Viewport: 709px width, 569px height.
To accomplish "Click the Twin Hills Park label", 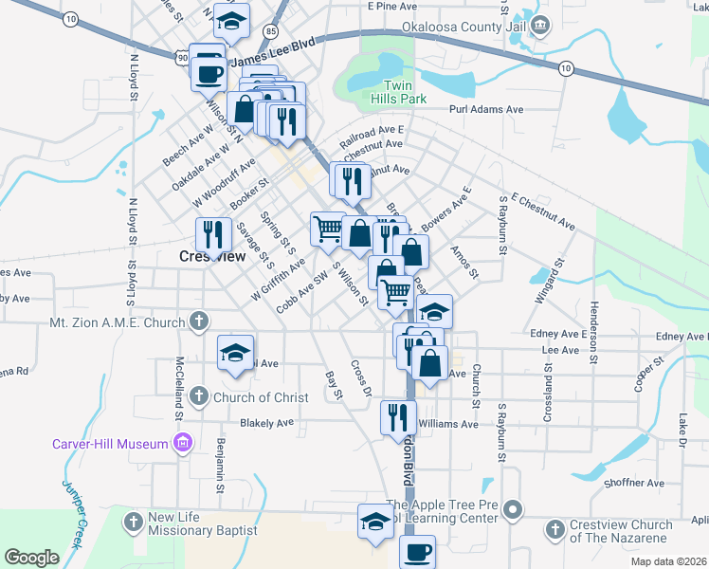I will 398,91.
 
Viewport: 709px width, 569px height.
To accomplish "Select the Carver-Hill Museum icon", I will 183,442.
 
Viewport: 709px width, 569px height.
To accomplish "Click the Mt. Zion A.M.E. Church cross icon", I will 198,321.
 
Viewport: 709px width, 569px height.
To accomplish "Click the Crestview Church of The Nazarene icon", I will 554,525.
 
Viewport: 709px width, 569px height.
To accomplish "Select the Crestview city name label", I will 212,256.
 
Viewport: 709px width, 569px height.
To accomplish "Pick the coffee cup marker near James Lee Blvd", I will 208,69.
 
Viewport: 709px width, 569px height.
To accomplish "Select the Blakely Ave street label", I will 274,423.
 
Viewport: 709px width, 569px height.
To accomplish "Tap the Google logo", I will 31,557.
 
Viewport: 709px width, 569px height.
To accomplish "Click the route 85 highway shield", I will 272,31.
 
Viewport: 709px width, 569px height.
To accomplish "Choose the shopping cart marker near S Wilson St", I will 327,228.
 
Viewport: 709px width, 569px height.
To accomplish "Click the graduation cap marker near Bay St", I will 235,353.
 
